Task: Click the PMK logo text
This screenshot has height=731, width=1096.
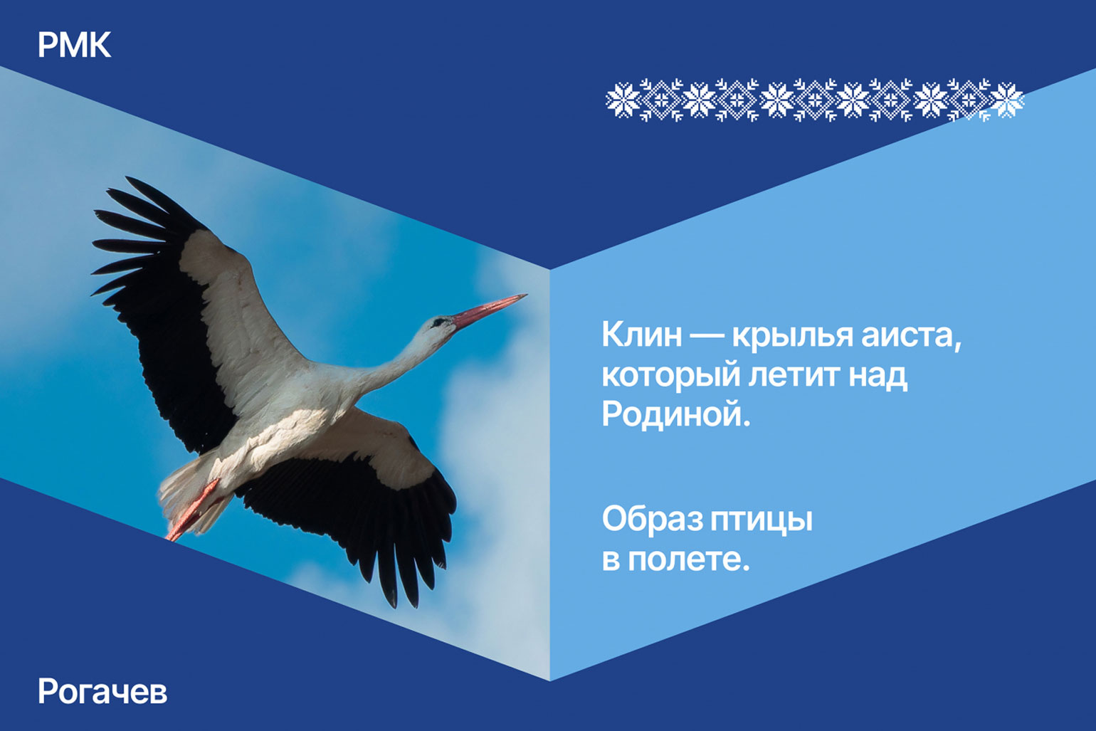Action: click(x=74, y=45)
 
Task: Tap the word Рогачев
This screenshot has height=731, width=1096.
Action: click(x=102, y=691)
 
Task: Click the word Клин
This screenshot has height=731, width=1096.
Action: click(x=641, y=335)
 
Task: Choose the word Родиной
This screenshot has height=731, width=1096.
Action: click(x=675, y=414)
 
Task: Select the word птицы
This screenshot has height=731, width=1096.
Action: click(x=762, y=522)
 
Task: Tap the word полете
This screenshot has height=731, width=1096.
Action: click(x=688, y=559)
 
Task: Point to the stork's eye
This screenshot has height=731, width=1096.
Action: click(x=438, y=322)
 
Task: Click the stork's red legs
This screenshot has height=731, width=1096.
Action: click(x=193, y=510)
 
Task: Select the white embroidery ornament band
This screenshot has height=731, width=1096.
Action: click(x=814, y=100)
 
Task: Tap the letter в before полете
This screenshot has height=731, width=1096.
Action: click(x=611, y=560)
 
